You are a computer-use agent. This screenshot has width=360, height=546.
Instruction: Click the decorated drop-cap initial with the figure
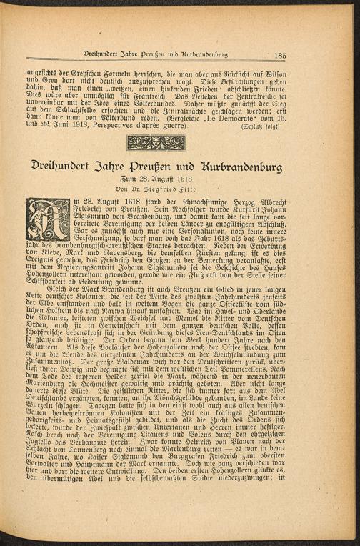pyautogui.click(x=49, y=219)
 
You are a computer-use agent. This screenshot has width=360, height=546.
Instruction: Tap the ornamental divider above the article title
pyautogui.click(x=156, y=143)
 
